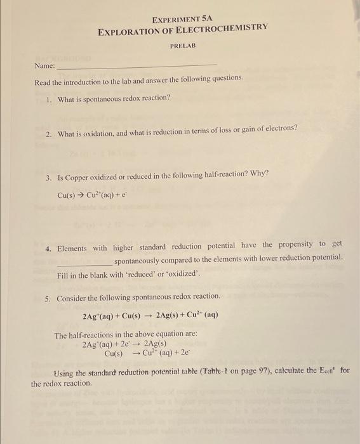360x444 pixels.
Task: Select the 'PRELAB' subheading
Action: pos(182,46)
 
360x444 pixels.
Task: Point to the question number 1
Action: pos(49,99)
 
